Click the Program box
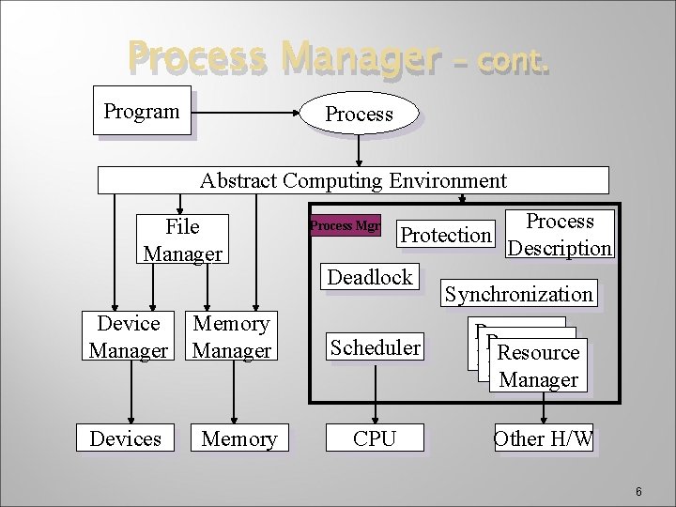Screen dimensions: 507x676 (x=142, y=111)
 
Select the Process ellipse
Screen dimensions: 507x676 (x=358, y=114)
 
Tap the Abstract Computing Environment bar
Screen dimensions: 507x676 (x=353, y=180)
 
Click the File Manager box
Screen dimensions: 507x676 (x=182, y=239)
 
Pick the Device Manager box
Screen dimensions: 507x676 (x=129, y=337)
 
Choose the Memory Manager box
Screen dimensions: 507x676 (x=231, y=337)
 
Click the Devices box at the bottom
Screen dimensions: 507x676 (x=125, y=438)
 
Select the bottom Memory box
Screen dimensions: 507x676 (x=238, y=438)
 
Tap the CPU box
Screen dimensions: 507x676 (x=375, y=438)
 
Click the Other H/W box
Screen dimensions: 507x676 (x=543, y=438)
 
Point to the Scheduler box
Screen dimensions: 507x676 (x=375, y=347)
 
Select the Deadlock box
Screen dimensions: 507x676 (x=370, y=277)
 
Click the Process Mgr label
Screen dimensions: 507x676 (x=346, y=225)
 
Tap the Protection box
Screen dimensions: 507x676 (x=446, y=235)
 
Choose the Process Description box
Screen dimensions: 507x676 (x=560, y=235)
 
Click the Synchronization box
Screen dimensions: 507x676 (x=518, y=294)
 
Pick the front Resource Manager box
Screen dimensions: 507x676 (x=538, y=366)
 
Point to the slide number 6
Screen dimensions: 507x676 (x=638, y=492)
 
